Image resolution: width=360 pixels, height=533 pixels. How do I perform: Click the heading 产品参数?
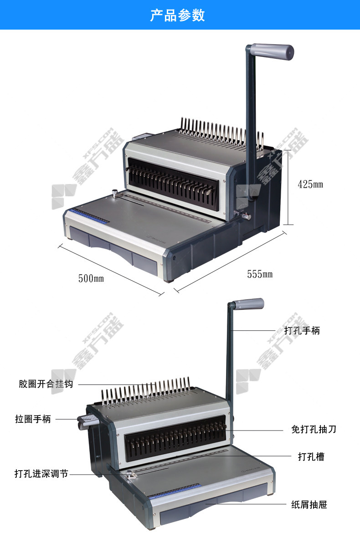[x=177, y=15]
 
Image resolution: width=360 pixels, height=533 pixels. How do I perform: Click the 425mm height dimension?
[x=310, y=184]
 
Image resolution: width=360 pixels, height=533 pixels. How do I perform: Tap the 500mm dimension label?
[x=91, y=278]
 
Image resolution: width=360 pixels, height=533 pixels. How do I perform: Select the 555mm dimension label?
[x=260, y=274]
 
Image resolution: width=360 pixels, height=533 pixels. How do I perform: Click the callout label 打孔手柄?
[x=302, y=330]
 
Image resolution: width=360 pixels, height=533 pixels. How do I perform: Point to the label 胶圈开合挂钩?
[x=46, y=384]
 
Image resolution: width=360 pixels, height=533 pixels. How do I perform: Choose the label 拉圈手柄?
[x=33, y=419]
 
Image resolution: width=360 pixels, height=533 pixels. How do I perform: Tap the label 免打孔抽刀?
[x=314, y=429]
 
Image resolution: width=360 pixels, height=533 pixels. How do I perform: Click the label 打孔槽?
[x=311, y=456]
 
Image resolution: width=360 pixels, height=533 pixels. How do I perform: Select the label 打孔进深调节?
[x=41, y=473]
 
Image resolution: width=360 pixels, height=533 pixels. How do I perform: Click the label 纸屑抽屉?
[x=309, y=505]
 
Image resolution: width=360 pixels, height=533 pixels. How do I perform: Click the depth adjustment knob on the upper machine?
[x=114, y=194]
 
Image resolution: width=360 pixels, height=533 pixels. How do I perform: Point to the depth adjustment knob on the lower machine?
[x=130, y=474]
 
